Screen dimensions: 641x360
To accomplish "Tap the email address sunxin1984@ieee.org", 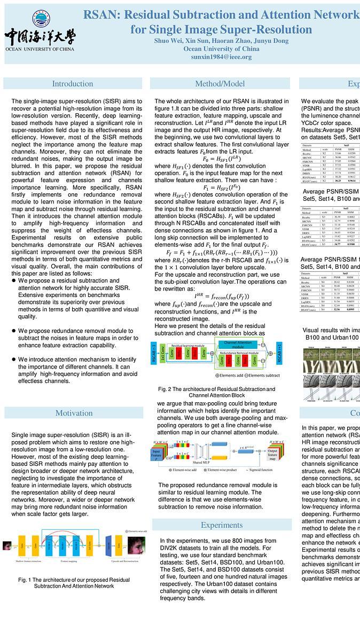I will pyautogui.click(x=221, y=57).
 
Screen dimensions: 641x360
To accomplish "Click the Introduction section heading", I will pyautogui.click(x=73, y=83).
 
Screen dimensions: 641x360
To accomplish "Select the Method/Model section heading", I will pyautogui.click(x=220, y=83).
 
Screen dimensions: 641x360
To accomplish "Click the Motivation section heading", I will pyautogui.click(x=74, y=412).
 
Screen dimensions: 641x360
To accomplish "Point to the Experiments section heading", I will pyautogui.click(x=222, y=525).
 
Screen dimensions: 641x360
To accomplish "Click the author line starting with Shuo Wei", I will pyautogui.click(x=221, y=41).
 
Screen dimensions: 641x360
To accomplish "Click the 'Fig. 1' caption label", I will pyautogui.click(x=25, y=580).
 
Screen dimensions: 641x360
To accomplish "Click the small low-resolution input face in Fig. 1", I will pyautogui.click(x=7, y=546).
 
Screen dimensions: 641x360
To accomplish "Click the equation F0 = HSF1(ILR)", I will pyautogui.click(x=221, y=159).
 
